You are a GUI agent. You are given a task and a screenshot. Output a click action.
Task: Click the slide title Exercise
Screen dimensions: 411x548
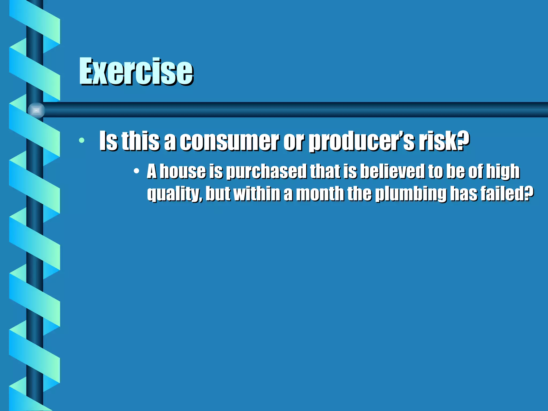136,71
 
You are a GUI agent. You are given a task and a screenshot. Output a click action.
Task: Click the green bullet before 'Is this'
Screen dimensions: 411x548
82,140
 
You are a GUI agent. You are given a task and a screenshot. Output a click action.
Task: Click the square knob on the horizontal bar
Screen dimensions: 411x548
36,110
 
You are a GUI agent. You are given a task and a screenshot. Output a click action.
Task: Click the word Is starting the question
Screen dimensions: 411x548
108,141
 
